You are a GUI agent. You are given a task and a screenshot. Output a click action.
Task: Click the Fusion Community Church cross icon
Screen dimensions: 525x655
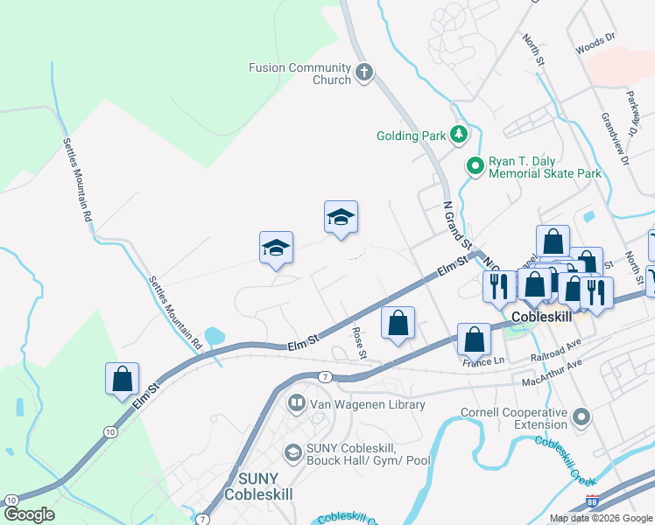[x=365, y=73]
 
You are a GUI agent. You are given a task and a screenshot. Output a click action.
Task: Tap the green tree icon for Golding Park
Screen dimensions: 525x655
[x=458, y=135]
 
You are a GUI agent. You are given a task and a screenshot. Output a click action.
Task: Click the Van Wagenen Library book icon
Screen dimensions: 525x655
[x=296, y=404]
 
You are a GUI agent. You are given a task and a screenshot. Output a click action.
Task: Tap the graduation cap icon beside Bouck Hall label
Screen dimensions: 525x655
[x=292, y=452]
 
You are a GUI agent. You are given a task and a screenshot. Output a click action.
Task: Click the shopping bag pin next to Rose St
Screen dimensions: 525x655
[x=398, y=323]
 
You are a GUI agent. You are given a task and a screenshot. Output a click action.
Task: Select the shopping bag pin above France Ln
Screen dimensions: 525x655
[x=474, y=339]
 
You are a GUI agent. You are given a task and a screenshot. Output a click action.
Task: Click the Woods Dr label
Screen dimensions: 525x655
[x=596, y=45]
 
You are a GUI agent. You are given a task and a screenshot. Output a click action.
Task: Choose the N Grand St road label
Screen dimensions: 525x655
[x=456, y=225]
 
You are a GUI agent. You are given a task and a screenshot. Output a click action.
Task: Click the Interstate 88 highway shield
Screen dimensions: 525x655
[x=592, y=503]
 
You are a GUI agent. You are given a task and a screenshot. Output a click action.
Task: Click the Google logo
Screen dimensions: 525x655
[x=29, y=514]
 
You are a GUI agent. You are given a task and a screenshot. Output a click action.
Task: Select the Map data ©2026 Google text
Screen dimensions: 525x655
[x=600, y=518]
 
